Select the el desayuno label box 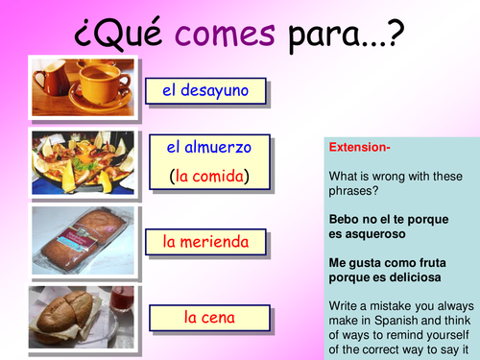tap(205, 91)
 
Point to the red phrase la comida tap(208, 176)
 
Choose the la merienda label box tap(205, 240)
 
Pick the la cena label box tap(205, 315)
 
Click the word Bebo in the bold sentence tap(346, 219)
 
